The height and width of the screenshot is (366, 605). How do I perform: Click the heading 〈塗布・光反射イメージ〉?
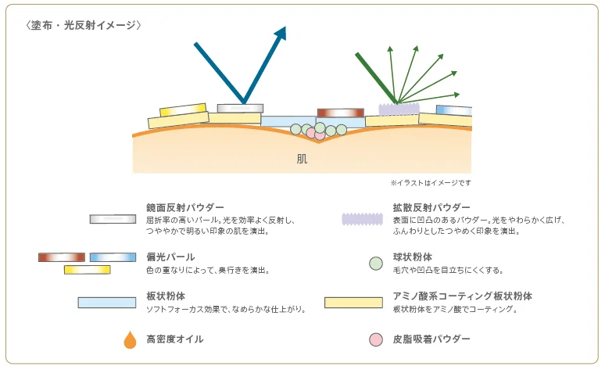pyautogui.click(x=84, y=26)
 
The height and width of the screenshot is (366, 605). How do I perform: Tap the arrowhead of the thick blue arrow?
pyautogui.click(x=280, y=33)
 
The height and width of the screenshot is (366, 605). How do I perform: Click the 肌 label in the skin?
pyautogui.click(x=302, y=159)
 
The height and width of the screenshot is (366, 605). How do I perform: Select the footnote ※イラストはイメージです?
pyautogui.click(x=431, y=183)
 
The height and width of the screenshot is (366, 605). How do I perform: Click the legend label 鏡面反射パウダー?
pyautogui.click(x=185, y=208)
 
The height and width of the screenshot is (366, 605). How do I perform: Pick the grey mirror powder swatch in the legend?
pyautogui.click(x=113, y=219)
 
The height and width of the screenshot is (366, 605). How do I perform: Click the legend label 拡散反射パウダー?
pyautogui.click(x=431, y=208)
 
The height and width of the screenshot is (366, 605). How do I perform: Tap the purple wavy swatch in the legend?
pyautogui.click(x=363, y=219)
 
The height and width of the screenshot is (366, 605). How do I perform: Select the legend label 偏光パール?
pyautogui.click(x=170, y=257)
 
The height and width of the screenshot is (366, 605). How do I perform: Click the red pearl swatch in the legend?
pyautogui.click(x=62, y=257)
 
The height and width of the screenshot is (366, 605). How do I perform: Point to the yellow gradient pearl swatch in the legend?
pyautogui.click(x=88, y=270)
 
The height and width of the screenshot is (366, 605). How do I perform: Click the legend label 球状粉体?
pyautogui.click(x=413, y=257)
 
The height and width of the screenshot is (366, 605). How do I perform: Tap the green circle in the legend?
pyautogui.click(x=376, y=264)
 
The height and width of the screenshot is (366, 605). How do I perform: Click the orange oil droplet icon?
pyautogui.click(x=130, y=339)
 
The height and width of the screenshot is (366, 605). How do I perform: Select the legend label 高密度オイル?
pyautogui.click(x=175, y=339)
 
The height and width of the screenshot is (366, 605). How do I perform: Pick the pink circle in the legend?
pyautogui.click(x=376, y=339)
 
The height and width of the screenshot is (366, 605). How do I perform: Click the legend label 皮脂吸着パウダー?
pyautogui.click(x=431, y=339)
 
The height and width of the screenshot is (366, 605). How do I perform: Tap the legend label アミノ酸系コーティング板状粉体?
pyautogui.click(x=463, y=296)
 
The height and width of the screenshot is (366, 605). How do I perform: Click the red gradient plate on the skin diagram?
pyautogui.click(x=341, y=113)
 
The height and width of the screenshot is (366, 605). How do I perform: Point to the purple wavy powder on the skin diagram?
pyautogui.click(x=399, y=109)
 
